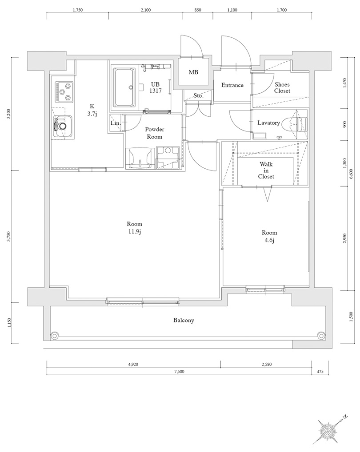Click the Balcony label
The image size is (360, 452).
pos(184,320)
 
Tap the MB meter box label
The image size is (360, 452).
pos(193,72)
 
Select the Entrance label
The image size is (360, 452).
pos(232,85)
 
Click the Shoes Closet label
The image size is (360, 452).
pos(282,87)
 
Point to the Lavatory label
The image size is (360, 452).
pos(268,123)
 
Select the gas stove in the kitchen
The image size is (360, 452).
pos(64,91)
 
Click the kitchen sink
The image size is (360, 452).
pos(62,127)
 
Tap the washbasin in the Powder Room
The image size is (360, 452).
pos(140,158)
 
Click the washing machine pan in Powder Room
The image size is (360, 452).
pos(168,157)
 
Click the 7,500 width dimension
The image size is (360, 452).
pos(179,372)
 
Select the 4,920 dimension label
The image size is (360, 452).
pos(133,365)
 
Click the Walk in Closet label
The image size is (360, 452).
pos(266,170)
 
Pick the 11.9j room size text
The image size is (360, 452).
pos(134,232)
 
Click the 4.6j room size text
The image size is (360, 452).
pos(269,240)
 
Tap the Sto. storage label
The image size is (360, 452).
pos(198,96)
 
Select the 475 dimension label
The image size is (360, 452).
pos(320,372)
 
